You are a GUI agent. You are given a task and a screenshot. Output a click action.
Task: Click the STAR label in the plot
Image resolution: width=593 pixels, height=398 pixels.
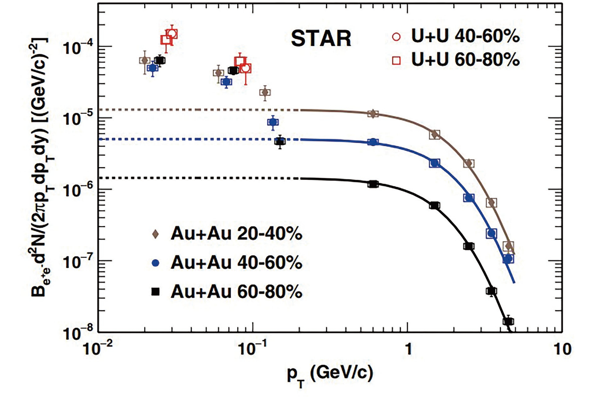point(321,39)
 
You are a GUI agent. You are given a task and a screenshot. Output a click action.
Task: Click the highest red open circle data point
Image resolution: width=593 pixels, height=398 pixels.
point(172,33)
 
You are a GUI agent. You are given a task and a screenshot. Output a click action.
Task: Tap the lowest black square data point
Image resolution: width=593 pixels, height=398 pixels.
point(508,321)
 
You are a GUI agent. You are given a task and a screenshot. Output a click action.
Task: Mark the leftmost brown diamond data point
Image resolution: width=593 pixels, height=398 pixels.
point(145,60)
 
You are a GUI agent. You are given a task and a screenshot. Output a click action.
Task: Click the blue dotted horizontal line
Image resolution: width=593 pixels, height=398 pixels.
point(188,139)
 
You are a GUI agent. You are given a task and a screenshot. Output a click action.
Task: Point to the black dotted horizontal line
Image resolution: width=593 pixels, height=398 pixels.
point(188,178)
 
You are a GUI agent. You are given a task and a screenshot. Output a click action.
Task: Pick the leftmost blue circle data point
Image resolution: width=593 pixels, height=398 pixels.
point(152,68)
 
